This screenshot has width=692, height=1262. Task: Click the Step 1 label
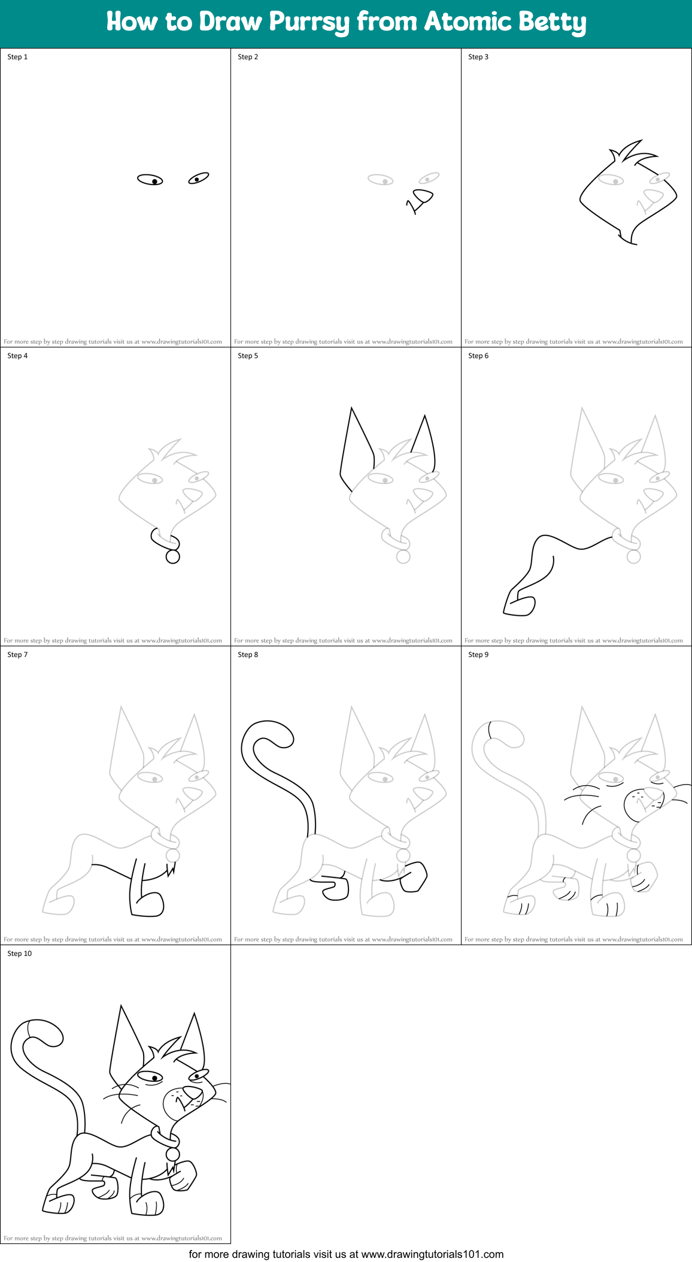[x=17, y=57]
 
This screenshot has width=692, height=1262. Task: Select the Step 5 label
[x=248, y=356]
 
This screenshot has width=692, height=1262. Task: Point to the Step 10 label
[x=20, y=954]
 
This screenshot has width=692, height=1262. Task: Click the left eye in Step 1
[x=150, y=180]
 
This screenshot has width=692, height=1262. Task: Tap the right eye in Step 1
[x=198, y=178]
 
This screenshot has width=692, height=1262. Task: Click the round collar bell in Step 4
[x=172, y=557]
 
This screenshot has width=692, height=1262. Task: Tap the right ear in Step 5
[x=424, y=443]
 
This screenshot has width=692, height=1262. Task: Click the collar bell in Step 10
[x=172, y=1154]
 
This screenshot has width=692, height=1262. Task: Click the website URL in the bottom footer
[x=432, y=1254]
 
